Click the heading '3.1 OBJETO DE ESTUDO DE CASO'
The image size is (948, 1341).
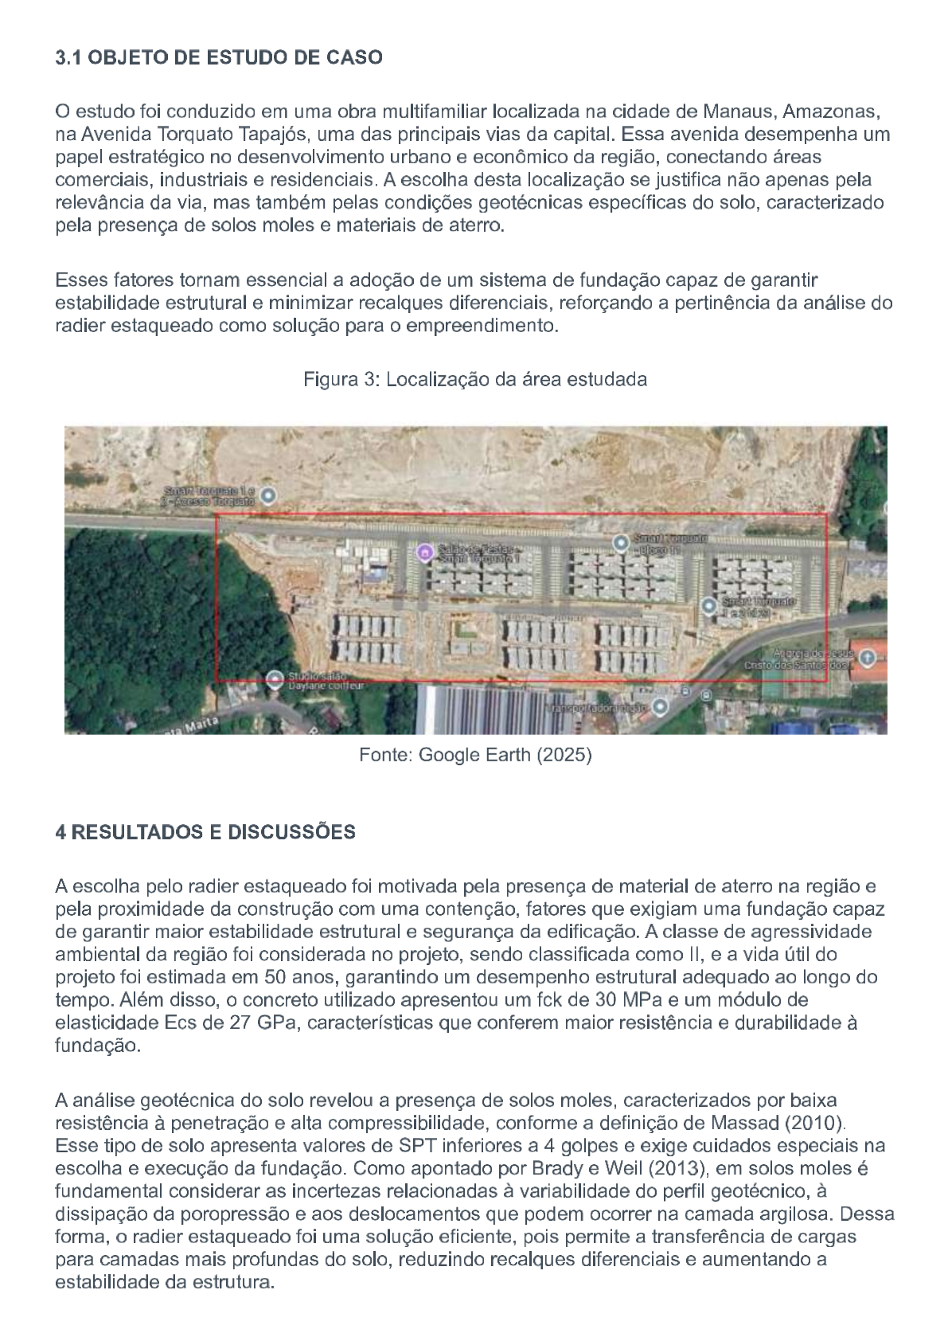click(219, 58)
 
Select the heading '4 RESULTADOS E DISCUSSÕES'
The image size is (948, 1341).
click(205, 833)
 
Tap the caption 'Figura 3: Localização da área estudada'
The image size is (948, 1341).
click(474, 380)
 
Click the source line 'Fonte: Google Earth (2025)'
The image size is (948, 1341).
click(475, 755)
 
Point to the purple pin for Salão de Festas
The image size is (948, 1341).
click(425, 551)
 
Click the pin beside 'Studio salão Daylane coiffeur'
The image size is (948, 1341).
click(275, 679)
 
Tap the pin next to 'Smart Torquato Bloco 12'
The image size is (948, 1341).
click(621, 543)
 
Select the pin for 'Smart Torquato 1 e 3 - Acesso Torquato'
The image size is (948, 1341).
click(269, 495)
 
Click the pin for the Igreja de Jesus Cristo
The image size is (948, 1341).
click(867, 658)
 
